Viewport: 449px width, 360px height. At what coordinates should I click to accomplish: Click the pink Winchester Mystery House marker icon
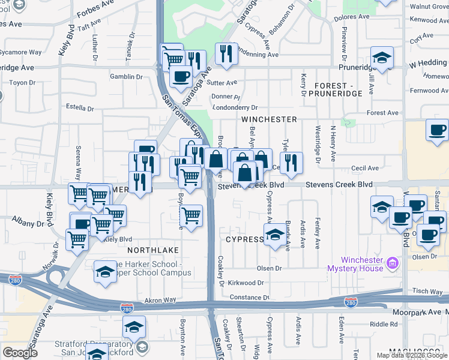393,263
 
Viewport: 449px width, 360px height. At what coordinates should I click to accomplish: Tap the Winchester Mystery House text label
362,264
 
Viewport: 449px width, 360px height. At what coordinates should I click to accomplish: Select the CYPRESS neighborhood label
244,239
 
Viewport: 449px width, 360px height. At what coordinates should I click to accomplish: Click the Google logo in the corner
20,353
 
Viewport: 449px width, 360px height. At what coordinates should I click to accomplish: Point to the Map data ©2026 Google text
412,355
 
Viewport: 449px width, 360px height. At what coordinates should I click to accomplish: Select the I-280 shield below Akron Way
127,308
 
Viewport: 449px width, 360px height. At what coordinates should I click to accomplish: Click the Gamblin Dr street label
127,77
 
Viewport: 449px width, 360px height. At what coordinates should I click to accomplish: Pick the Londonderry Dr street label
234,107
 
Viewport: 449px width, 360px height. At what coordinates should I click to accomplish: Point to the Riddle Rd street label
384,324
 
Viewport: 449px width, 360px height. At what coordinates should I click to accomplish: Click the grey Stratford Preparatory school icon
142,347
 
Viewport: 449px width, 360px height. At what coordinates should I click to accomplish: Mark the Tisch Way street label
427,290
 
